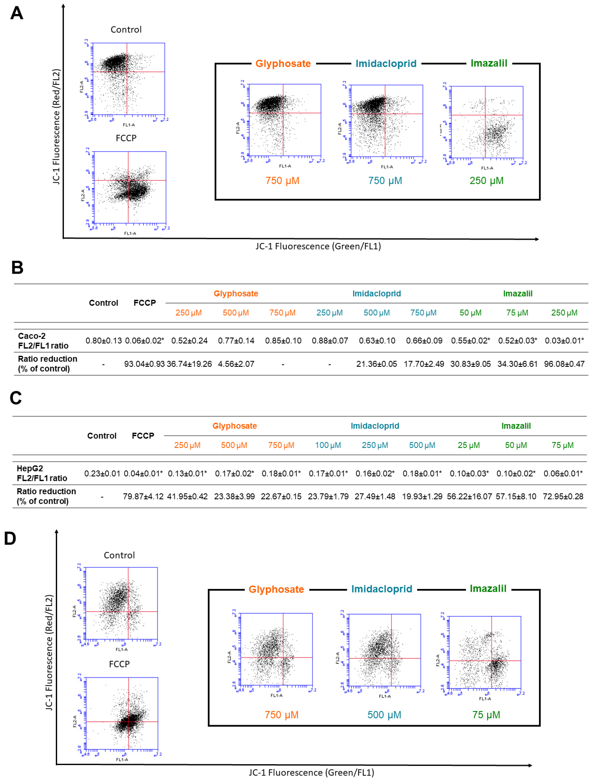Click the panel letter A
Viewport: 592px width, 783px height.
pyautogui.click(x=17, y=13)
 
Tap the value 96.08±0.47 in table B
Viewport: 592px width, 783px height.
pyautogui.click(x=564, y=364)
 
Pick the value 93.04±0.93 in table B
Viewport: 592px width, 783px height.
pyautogui.click(x=144, y=364)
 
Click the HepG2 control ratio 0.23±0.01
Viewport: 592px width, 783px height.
pyautogui.click(x=102, y=473)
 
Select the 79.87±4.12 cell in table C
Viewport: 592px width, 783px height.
pyautogui.click(x=143, y=496)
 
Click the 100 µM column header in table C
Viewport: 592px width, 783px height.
pyautogui.click(x=328, y=445)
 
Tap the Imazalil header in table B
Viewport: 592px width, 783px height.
pyautogui.click(x=517, y=293)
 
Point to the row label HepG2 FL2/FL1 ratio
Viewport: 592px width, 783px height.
pyautogui.click(x=42, y=473)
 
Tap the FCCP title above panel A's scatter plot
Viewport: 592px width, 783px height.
pyautogui.click(x=126, y=138)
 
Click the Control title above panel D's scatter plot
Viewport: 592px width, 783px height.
pyautogui.click(x=119, y=555)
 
